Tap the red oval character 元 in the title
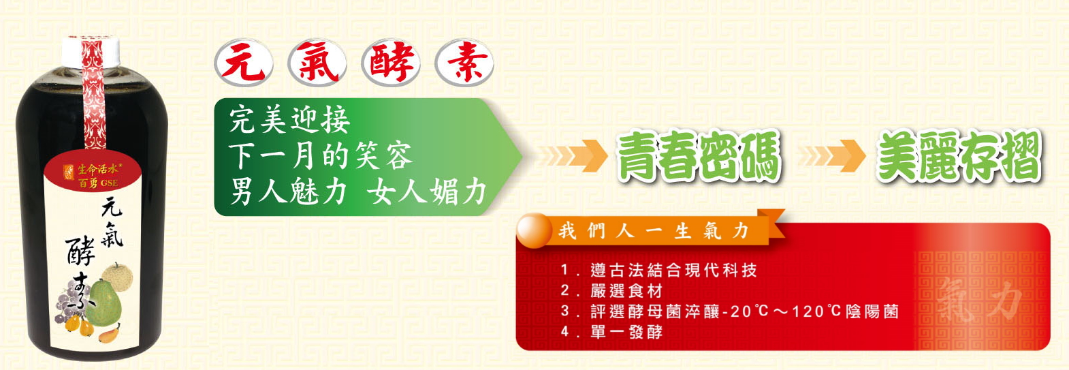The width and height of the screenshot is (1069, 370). [243, 63]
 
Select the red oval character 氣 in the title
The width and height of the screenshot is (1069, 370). [317, 63]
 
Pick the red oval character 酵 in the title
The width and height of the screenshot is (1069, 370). [391, 63]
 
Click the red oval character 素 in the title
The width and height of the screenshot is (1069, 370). [464, 63]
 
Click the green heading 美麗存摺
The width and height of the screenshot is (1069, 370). [959, 156]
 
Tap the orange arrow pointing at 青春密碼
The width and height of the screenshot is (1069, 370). [573, 155]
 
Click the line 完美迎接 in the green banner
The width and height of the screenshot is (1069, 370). [289, 119]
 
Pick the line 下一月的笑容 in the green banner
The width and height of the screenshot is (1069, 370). [320, 155]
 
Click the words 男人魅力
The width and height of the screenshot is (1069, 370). [288, 192]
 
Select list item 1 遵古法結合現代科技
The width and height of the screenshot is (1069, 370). [658, 271]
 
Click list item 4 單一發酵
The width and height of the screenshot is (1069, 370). [612, 331]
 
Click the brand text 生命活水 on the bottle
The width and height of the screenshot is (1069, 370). [97, 170]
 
